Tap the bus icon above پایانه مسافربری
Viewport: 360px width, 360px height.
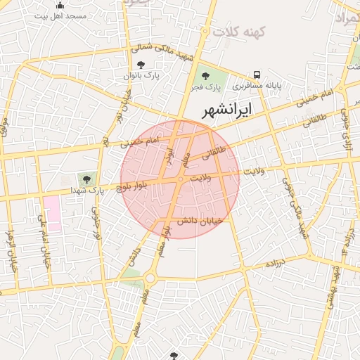click(x=257, y=75)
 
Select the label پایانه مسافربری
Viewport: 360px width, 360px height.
click(x=257, y=85)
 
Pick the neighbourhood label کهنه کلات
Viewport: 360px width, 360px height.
click(x=238, y=32)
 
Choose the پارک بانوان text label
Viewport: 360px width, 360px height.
click(x=143, y=75)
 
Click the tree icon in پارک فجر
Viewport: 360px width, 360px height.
click(x=205, y=75)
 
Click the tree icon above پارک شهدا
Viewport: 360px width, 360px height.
click(x=86, y=179)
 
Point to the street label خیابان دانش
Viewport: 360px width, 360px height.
click(x=200, y=221)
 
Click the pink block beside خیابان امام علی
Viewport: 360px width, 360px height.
click(x=52, y=213)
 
